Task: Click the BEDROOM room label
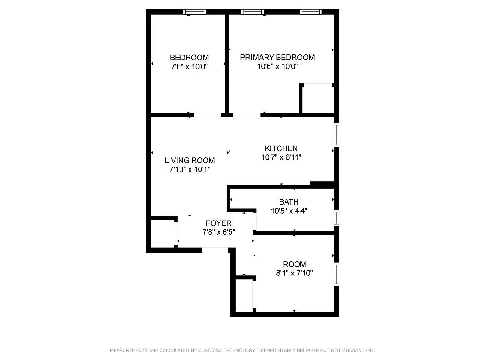pyautogui.click(x=189, y=58)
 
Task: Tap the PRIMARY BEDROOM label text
pyautogui.click(x=277, y=57)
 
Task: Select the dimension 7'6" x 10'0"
pyautogui.click(x=189, y=66)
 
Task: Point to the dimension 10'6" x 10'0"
pyautogui.click(x=277, y=66)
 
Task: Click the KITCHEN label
pyautogui.click(x=281, y=148)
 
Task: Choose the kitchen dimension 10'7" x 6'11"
pyautogui.click(x=281, y=157)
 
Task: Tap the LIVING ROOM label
pyautogui.click(x=190, y=160)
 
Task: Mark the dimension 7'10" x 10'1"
pyautogui.click(x=190, y=169)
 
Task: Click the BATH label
pyautogui.click(x=289, y=202)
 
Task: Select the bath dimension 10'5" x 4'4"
pyautogui.click(x=289, y=211)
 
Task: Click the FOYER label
pyautogui.click(x=219, y=223)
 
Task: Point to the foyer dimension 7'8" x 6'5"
pyautogui.click(x=219, y=232)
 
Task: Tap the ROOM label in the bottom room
pyautogui.click(x=295, y=264)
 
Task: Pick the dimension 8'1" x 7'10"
pyautogui.click(x=295, y=273)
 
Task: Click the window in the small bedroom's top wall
pyautogui.click(x=195, y=12)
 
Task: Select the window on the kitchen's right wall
pyautogui.click(x=336, y=134)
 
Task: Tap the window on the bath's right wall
pyautogui.click(x=336, y=218)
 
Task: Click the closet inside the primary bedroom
pyautogui.click(x=317, y=98)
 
